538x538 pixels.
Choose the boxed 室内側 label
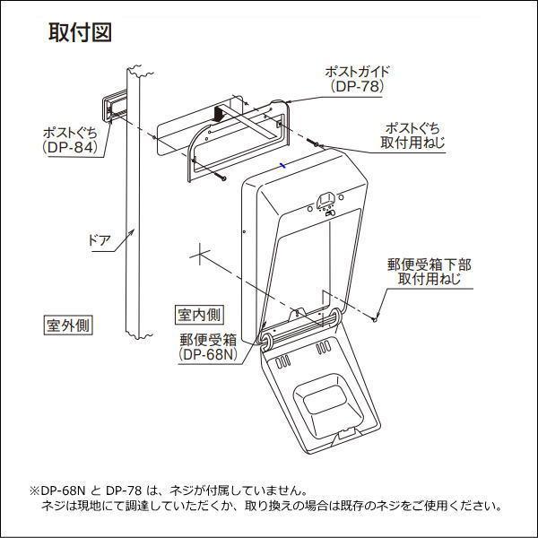[x=199, y=315]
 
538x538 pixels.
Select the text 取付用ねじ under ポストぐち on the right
[x=412, y=143]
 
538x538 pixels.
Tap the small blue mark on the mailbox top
[x=282, y=165]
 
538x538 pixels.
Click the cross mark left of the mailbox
[x=202, y=255]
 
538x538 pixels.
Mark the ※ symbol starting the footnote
[x=34, y=491]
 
